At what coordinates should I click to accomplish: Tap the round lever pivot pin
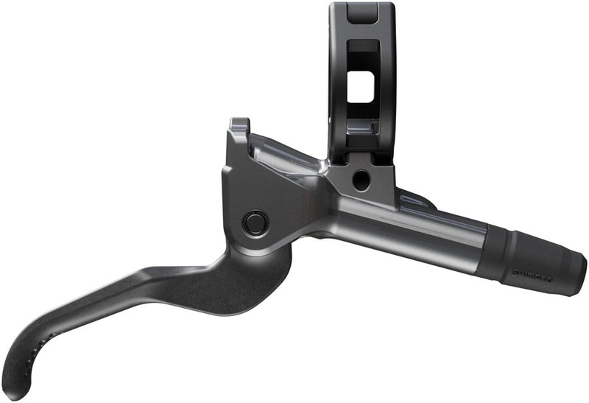255,222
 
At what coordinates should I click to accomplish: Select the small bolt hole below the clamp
360,179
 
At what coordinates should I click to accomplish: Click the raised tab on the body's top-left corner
238,126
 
